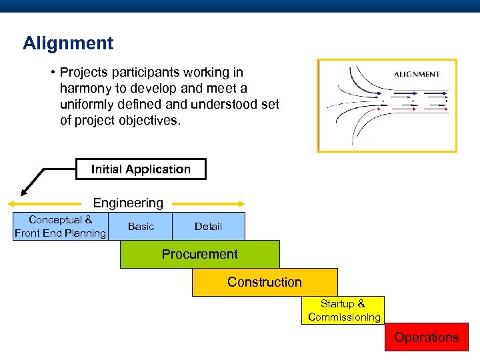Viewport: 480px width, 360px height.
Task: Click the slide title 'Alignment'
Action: pos(68,44)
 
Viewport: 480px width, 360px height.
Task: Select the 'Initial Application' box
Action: pos(141,169)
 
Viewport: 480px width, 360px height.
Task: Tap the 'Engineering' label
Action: pos(128,203)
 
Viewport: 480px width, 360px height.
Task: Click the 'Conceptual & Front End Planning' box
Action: pos(60,227)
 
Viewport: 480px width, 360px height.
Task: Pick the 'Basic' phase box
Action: pos(141,227)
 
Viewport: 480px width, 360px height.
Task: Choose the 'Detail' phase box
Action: pos(208,227)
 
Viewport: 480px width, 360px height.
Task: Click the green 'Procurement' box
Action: pos(199,255)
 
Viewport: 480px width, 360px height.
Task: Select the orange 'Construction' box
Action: pos(265,282)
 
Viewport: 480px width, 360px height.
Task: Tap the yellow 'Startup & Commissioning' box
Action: pos(343,311)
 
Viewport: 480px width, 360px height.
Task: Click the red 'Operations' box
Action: pos(426,337)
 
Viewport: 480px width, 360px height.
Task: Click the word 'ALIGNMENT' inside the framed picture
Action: pos(417,74)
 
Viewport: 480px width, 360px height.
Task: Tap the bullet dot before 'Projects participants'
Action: pos(51,72)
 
